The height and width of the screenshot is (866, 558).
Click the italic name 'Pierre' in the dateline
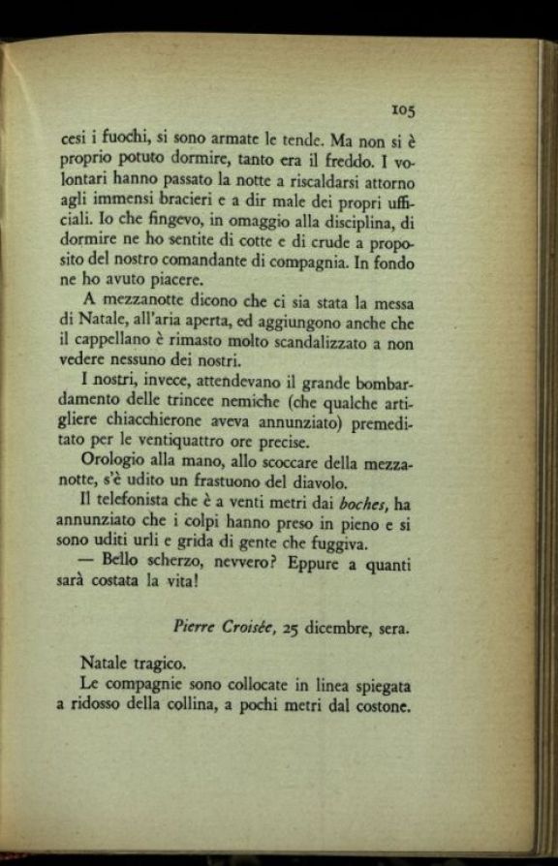(x=198, y=629)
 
